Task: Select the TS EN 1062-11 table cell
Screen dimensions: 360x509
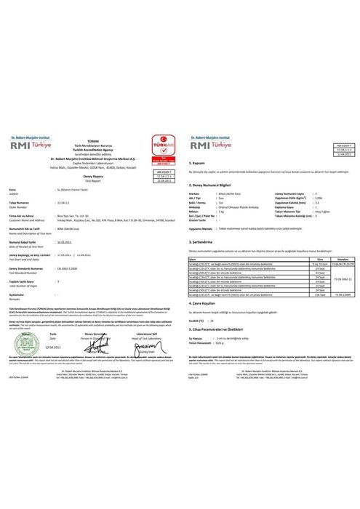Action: point(343,278)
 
